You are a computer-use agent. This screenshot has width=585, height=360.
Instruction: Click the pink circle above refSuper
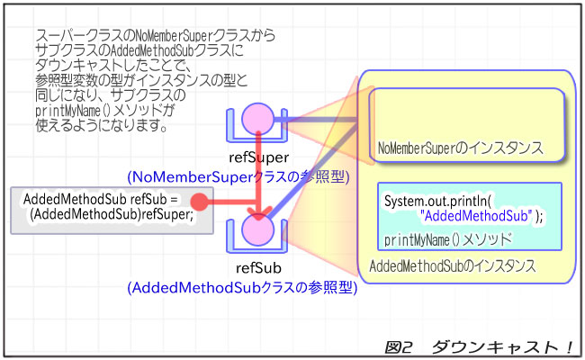(x=258, y=118)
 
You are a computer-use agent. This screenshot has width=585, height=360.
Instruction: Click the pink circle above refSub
(x=258, y=231)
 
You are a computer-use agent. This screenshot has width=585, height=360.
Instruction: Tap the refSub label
(x=258, y=268)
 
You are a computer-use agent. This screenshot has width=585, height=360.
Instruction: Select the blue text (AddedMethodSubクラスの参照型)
(x=242, y=288)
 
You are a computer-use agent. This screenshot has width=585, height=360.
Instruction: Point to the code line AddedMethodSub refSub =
(x=102, y=198)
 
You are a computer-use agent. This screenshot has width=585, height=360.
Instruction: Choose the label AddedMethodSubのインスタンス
(x=453, y=266)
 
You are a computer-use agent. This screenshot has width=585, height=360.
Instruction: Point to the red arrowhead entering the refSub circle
(x=259, y=213)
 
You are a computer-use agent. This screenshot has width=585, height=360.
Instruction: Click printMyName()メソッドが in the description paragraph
(x=104, y=111)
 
